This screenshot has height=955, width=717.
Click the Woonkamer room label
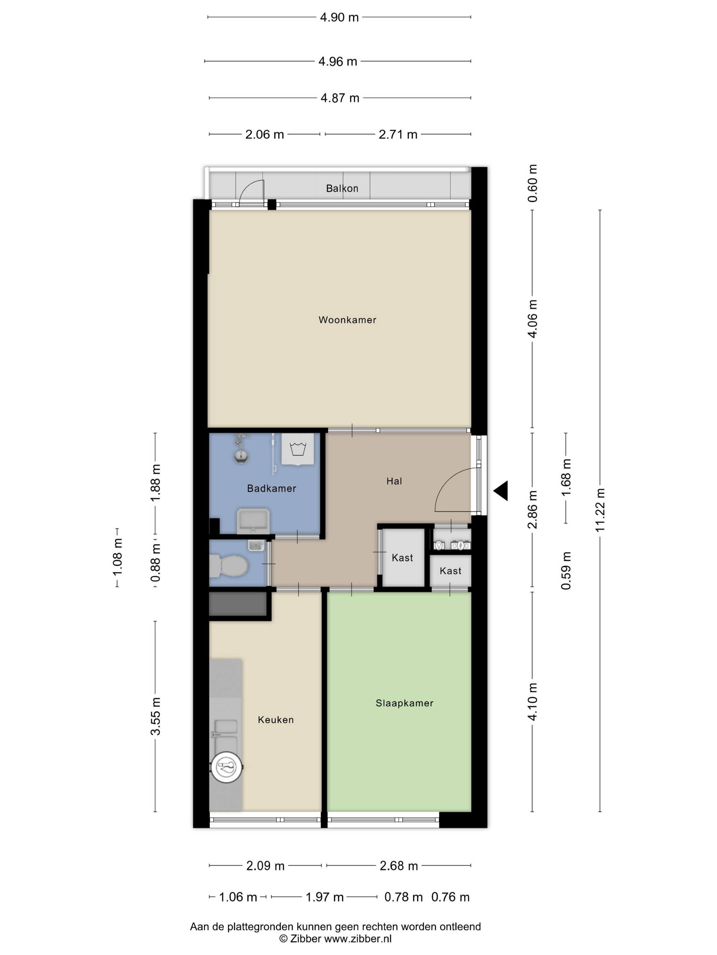347,320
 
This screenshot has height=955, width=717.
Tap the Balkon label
342,188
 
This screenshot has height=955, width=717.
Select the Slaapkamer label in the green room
404,703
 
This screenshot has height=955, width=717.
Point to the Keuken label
276,720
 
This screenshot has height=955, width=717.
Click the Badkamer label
271,488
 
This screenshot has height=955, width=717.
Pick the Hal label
394,481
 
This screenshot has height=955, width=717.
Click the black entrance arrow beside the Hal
501,490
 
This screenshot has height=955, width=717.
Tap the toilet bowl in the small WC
229,566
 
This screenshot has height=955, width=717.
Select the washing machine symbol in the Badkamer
298,449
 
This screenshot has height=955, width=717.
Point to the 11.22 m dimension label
600,510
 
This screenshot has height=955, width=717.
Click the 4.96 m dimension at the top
338,61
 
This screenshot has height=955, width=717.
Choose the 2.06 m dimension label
265,134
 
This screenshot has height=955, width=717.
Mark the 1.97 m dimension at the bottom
325,897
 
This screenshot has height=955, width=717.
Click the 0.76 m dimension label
450,897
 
